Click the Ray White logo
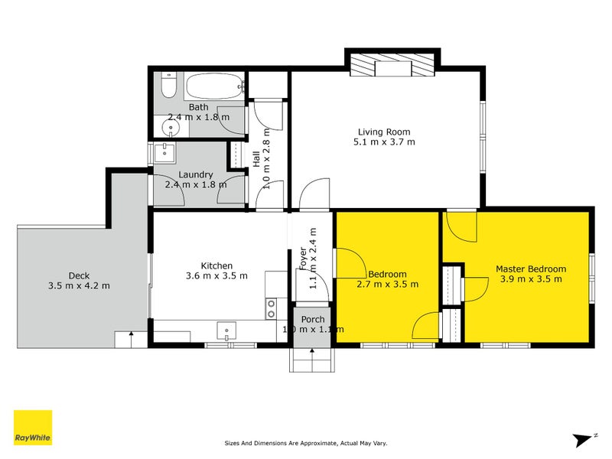pyautogui.click(x=33, y=428)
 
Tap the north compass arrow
pyautogui.click(x=583, y=440)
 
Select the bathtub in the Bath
pyautogui.click(x=214, y=86)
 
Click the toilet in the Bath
pyautogui.click(x=169, y=85)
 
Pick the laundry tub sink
pyautogui.click(x=164, y=152)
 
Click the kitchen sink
pyautogui.click(x=226, y=330)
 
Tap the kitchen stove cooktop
pyautogui.click(x=271, y=308)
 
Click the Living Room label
pyautogui.click(x=384, y=132)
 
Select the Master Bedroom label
pyautogui.click(x=531, y=269)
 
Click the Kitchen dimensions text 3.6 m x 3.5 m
pyautogui.click(x=216, y=276)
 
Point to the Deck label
pyautogui.click(x=79, y=275)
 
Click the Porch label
pyautogui.click(x=313, y=319)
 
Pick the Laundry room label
pyautogui.click(x=196, y=175)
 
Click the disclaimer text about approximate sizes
pyautogui.click(x=306, y=443)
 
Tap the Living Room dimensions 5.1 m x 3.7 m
pyautogui.click(x=384, y=142)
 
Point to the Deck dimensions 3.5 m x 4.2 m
pyautogui.click(x=79, y=285)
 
